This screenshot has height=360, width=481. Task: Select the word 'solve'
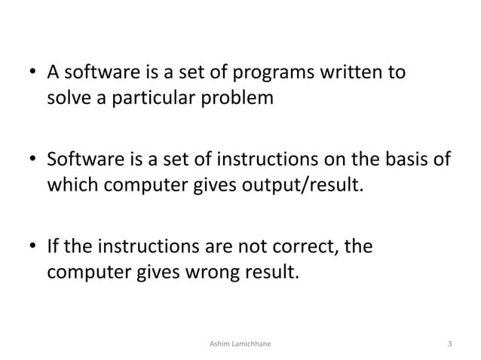pos(69,99)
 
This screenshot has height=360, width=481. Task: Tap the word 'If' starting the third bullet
pos(54,247)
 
